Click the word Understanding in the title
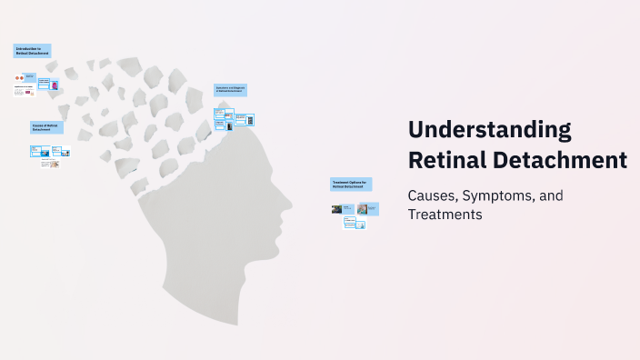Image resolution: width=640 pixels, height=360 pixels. click(x=490, y=130)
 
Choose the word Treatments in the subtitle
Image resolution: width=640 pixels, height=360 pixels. click(x=445, y=215)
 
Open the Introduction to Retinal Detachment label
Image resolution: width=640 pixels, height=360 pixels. click(x=33, y=51)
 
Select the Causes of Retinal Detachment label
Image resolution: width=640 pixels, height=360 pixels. click(x=46, y=128)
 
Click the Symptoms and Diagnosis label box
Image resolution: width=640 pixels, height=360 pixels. click(x=231, y=90)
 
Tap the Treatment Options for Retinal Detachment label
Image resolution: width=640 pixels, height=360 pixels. click(x=351, y=184)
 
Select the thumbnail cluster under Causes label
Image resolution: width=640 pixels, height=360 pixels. click(x=50, y=156)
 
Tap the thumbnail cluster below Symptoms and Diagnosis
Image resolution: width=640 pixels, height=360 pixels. click(x=234, y=119)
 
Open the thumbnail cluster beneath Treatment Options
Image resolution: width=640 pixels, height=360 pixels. click(x=355, y=214)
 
